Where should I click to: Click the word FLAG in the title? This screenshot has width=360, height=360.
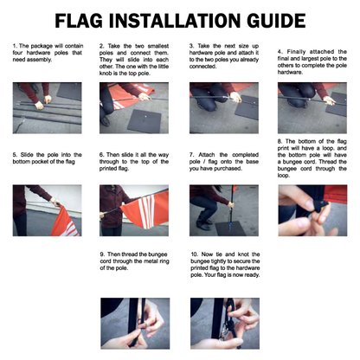pos(84,19)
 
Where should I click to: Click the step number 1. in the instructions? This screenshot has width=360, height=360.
pos(16,43)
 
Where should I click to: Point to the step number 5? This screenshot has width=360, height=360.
pos(16,155)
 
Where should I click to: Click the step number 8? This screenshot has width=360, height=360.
pos(279,139)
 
